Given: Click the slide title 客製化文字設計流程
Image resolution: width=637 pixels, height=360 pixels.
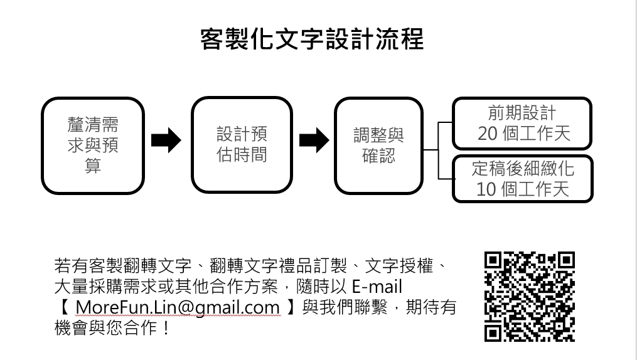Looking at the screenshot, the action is coord(312,39).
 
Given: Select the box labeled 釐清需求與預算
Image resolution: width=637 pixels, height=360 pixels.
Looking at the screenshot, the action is coord(93,145).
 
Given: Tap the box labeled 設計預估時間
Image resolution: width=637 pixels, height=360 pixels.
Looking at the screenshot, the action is coord(242,145).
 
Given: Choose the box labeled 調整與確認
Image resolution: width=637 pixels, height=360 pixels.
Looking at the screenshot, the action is coord(378,145).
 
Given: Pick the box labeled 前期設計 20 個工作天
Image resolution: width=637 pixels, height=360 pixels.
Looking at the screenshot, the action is coord(522,124).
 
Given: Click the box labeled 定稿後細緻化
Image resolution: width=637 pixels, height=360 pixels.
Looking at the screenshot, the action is coord(522,178).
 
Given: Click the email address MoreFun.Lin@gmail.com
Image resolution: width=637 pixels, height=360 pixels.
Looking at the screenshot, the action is coord(177,307).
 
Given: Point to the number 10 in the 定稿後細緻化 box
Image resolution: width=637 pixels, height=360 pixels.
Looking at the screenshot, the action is coord(486,189).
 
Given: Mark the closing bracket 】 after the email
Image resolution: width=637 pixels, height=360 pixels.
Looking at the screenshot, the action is coord(290,307).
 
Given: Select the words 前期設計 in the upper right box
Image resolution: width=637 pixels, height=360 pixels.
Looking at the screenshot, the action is coord(522,113).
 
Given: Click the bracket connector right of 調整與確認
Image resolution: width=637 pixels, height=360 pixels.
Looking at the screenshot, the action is coord(438,151).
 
